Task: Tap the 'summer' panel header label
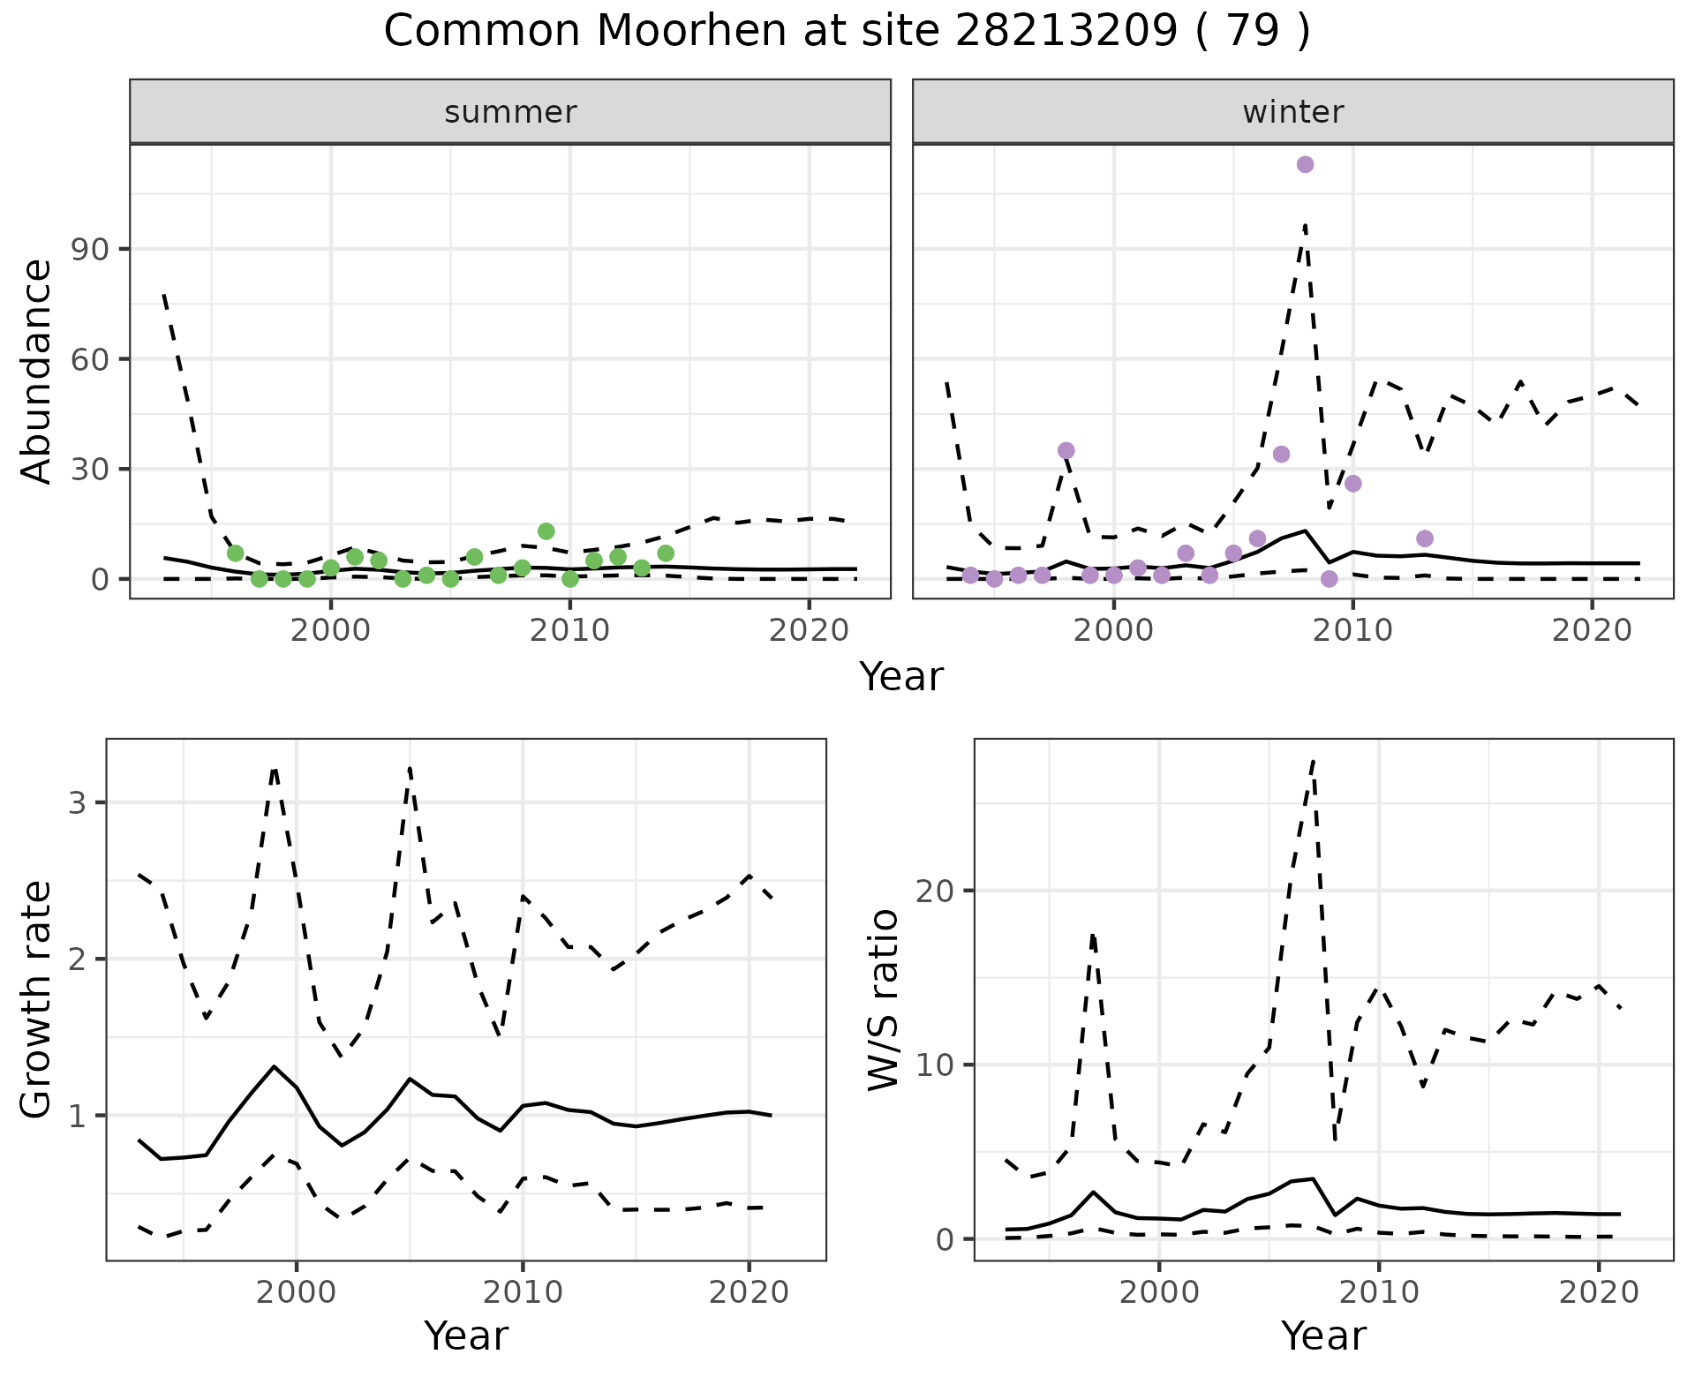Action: tap(510, 112)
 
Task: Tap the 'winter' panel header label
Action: tap(1292, 112)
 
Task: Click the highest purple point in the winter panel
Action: tap(1305, 164)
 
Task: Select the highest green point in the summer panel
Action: tap(546, 531)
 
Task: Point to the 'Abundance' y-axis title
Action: tap(37, 371)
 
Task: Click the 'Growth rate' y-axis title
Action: tap(37, 999)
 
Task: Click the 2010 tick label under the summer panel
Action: tap(569, 630)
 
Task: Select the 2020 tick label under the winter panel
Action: tap(1591, 630)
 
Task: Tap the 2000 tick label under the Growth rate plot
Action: tap(297, 1292)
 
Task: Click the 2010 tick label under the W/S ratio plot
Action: tap(1377, 1292)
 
